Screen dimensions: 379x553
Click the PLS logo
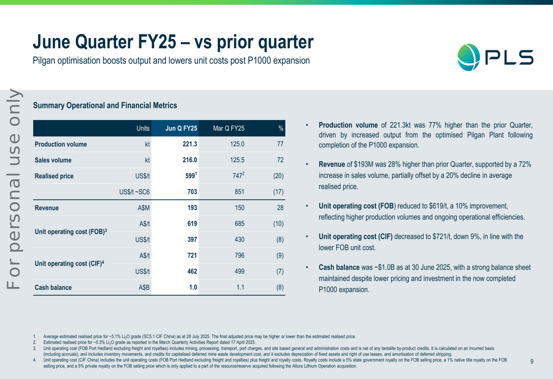[495, 57]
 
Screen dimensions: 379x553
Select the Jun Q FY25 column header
[181, 128]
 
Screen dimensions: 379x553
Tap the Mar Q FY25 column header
[228, 128]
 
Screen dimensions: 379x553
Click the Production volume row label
[61, 144]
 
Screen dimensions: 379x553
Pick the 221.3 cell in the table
[190, 144]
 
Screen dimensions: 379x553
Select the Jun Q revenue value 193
[192, 209]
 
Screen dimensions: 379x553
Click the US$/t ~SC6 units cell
[134, 193]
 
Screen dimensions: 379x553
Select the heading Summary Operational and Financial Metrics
[105, 105]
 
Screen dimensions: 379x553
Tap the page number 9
[531, 361]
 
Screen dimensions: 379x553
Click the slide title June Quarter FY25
[173, 42]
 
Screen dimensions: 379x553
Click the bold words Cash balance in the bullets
[339, 267]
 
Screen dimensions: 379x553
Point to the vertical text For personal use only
[14, 188]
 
